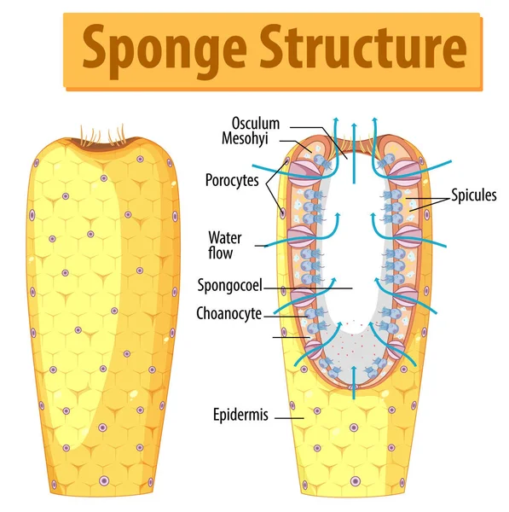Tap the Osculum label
[256, 124]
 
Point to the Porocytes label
[233, 180]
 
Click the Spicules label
[474, 195]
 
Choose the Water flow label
[224, 243]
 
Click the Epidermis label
[241, 416]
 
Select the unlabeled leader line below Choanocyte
[289, 337]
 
